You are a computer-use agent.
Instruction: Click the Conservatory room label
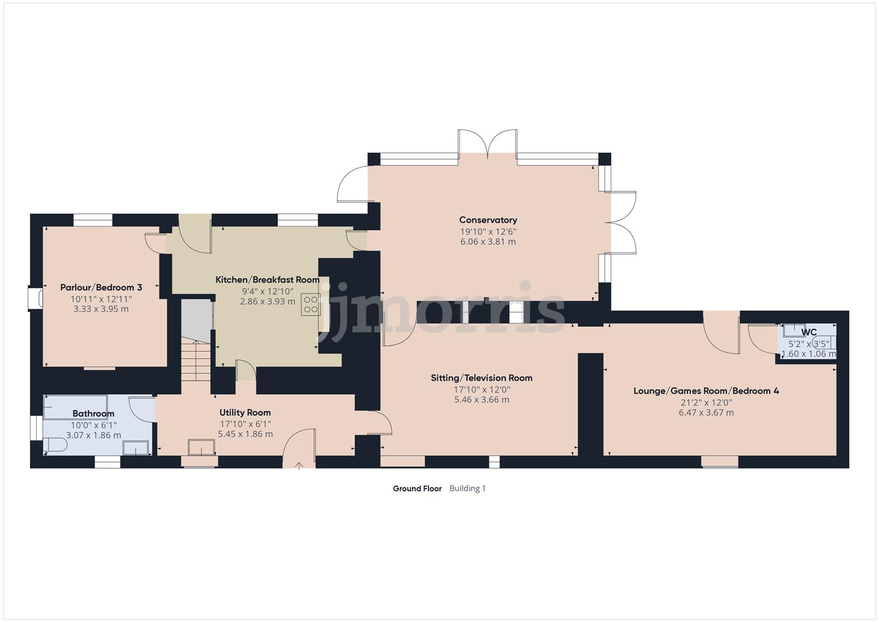488,220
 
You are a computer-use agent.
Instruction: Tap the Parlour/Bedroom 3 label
101,287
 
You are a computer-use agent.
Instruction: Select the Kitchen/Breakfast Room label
267,280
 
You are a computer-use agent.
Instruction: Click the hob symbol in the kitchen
310,304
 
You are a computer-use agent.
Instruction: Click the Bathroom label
93,414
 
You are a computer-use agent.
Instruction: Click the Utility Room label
245,412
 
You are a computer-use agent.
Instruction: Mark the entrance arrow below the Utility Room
299,465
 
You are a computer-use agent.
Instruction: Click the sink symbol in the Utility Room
201,447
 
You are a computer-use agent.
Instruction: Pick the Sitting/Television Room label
481,378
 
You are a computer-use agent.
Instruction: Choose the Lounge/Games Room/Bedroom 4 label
706,390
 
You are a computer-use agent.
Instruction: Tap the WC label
809,332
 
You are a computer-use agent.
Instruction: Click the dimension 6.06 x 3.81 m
488,241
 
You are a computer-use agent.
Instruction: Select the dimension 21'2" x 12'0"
706,403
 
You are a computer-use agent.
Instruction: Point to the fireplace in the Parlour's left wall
35,298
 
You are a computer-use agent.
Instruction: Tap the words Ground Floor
417,488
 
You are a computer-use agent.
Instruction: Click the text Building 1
467,488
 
